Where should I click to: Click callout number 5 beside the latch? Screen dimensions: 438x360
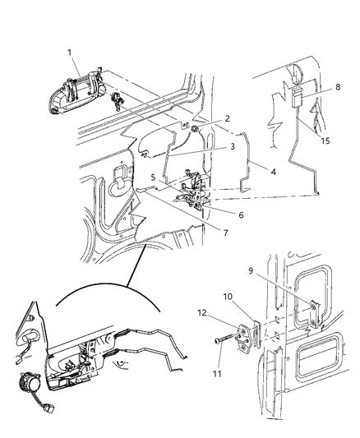pyautogui.click(x=153, y=177)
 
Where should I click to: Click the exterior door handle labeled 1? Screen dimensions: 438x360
pyautogui.click(x=78, y=90)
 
